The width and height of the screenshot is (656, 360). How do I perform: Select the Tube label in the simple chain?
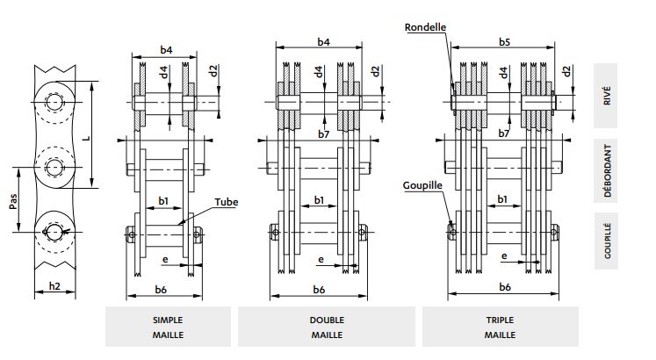tap(227, 202)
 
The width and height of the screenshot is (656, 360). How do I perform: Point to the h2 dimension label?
tap(54, 284)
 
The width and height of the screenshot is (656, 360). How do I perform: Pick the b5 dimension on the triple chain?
tap(504, 42)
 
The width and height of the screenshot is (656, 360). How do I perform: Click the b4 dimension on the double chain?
tap(321, 42)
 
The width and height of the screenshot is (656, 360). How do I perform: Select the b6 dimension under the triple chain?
tap(505, 287)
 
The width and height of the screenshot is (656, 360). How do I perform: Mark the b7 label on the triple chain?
tap(504, 133)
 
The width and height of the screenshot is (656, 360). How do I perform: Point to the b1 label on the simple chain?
tap(162, 201)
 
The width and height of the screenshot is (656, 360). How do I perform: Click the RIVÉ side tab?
tap(608, 96)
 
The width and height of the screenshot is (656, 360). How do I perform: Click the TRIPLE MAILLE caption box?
tap(500, 327)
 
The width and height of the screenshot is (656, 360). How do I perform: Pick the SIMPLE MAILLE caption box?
tap(168, 327)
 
